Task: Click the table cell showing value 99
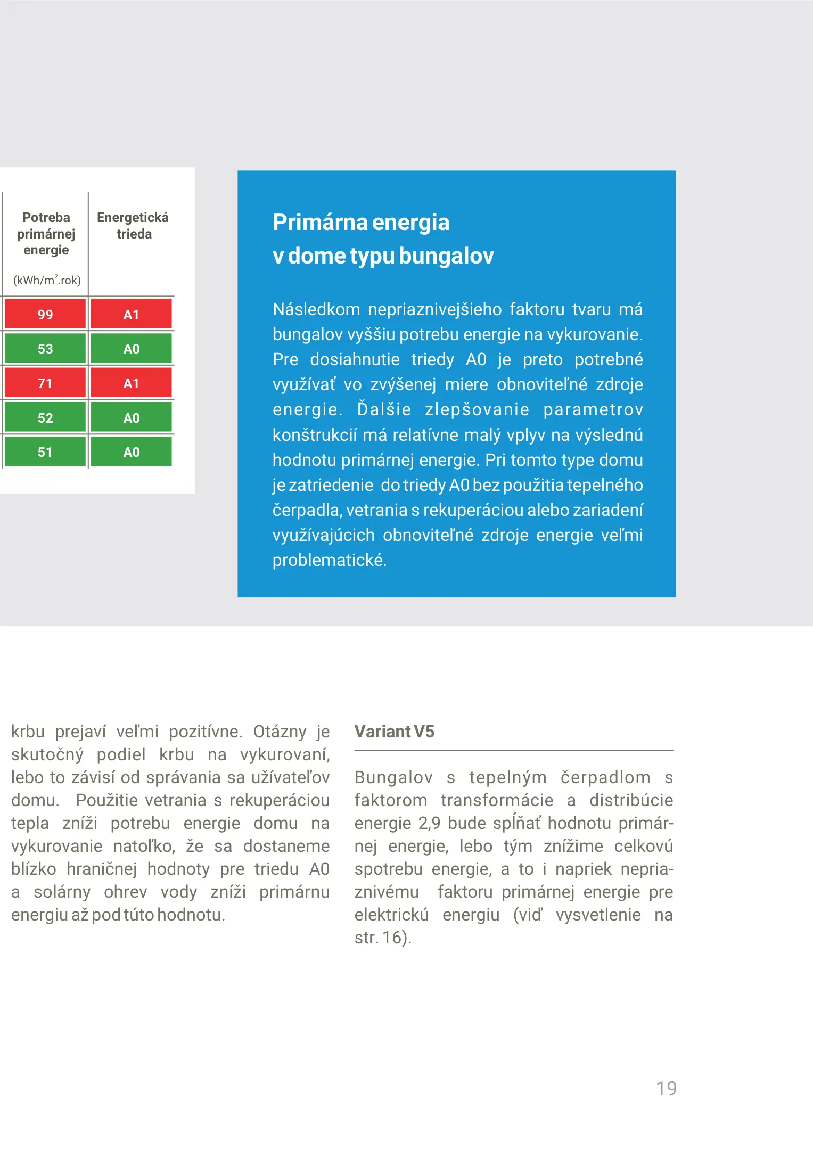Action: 45,314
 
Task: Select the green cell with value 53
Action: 45,349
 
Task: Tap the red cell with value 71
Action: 45,383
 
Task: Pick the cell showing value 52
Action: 45,418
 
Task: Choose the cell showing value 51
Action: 45,452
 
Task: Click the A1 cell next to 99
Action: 131,314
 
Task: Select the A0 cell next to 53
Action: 131,349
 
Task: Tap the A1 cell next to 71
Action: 131,383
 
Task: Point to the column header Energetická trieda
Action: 133,225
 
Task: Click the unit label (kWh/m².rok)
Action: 47,280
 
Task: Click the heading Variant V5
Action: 394,732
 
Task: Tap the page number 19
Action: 666,1088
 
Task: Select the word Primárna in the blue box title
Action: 319,223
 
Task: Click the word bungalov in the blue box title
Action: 446,256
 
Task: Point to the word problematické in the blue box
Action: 329,560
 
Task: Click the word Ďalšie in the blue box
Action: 384,409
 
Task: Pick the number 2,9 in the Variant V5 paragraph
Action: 429,823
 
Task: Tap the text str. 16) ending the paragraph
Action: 383,938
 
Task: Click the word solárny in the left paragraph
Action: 62,892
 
